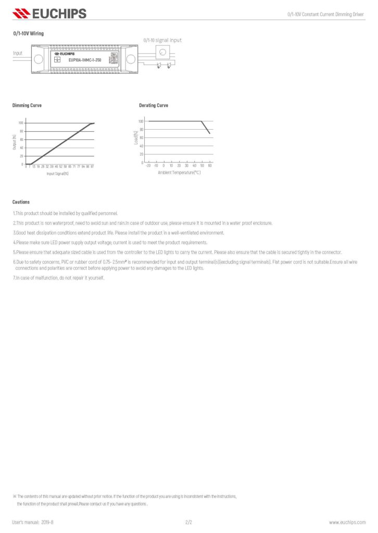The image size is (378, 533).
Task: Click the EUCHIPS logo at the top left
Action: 49,14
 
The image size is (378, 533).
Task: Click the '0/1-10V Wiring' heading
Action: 28,33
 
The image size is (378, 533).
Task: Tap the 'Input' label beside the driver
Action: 18,53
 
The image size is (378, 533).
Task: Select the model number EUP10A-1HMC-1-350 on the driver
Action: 85,60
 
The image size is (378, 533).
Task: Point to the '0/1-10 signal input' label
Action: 162,40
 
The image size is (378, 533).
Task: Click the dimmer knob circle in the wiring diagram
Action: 162,52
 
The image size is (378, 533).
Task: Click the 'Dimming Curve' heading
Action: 27,105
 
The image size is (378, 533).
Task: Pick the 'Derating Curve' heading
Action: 154,105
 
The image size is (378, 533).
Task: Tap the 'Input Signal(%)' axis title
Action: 57,173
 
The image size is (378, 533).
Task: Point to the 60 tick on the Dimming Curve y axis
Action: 21,139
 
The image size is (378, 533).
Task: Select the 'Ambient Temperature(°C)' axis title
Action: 179,172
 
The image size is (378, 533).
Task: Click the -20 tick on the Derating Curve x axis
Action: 148,166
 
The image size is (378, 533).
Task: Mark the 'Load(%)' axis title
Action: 135,138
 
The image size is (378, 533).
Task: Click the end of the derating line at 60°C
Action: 210,134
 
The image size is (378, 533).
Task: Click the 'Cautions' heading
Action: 21,202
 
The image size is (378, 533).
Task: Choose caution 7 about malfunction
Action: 59,278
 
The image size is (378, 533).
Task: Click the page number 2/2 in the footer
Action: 189,522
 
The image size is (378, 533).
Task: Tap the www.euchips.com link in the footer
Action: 346,522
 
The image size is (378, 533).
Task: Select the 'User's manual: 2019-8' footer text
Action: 33,522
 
